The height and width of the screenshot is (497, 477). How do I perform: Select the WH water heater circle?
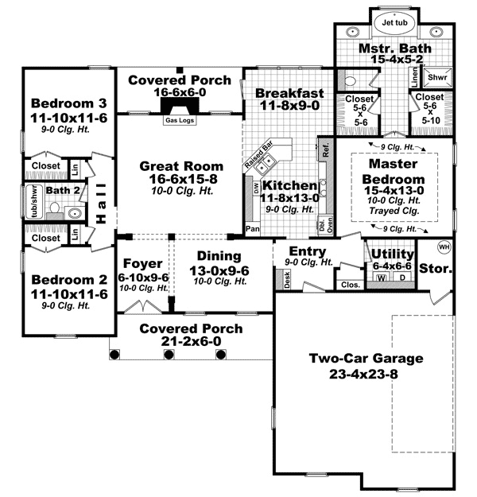pyautogui.click(x=444, y=247)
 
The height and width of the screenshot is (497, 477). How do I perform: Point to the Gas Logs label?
pyautogui.click(x=178, y=121)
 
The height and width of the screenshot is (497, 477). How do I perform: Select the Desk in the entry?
pyautogui.click(x=287, y=278)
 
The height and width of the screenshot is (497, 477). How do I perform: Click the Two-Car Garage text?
pyautogui.click(x=366, y=358)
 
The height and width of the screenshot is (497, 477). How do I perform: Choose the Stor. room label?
pyautogui.click(x=436, y=270)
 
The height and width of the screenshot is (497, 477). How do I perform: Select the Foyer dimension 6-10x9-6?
pyautogui.click(x=144, y=277)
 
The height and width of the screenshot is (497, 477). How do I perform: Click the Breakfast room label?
pyautogui.click(x=288, y=92)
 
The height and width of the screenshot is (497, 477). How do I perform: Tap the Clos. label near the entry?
pyautogui.click(x=349, y=284)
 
